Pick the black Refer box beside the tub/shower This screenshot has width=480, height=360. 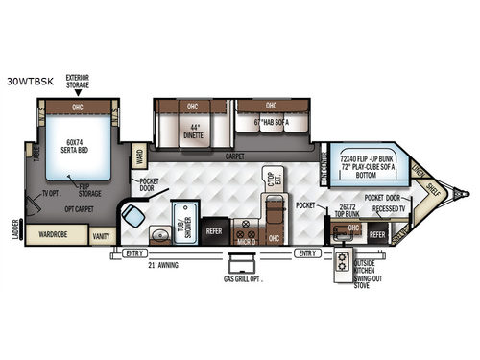click(213, 231)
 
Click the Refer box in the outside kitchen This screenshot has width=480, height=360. click(377, 233)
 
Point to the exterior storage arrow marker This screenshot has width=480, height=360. click(78, 94)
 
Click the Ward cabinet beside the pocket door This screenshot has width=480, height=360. click(139, 156)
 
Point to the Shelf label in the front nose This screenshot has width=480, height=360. click(435, 189)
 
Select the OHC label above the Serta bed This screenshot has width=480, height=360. click(79, 108)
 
